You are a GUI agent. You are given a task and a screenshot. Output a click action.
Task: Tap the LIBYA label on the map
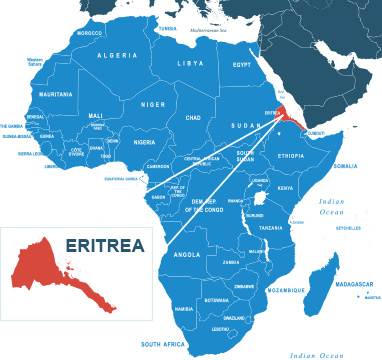(x=190, y=63)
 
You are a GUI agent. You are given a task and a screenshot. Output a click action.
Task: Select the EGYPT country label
(x=241, y=65)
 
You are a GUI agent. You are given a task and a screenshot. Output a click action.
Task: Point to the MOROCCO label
(x=90, y=33)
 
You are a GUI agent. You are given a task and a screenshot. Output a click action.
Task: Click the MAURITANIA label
(x=55, y=94)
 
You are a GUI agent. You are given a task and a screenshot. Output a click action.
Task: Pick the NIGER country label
(x=153, y=103)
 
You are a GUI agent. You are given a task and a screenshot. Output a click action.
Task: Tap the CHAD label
(x=194, y=117)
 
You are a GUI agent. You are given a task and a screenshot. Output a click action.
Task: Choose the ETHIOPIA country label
(x=291, y=156)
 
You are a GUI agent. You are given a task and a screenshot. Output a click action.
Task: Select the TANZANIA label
(x=272, y=228)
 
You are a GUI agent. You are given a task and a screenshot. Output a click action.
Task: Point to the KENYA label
(x=285, y=188)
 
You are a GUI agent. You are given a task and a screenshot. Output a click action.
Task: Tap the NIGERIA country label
(x=145, y=142)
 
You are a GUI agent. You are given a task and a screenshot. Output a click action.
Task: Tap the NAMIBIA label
(x=184, y=309)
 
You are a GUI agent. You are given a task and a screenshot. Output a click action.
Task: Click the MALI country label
(x=96, y=115)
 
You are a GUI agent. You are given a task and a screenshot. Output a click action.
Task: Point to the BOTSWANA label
(x=216, y=300)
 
